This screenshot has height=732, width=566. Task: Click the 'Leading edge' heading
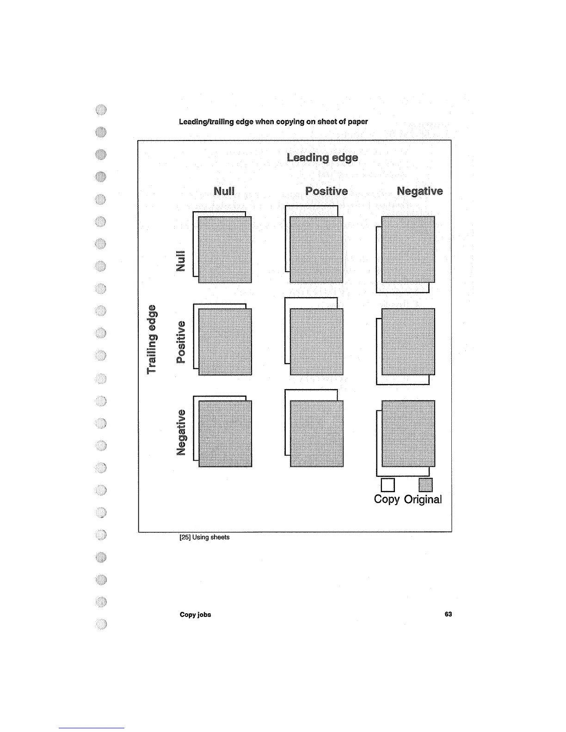(322, 158)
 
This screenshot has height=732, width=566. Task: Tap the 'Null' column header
(224, 191)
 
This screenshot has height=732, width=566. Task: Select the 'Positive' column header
(326, 191)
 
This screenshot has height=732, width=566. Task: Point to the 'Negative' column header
(419, 191)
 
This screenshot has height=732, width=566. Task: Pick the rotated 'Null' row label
(181, 261)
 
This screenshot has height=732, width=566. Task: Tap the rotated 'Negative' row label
(181, 432)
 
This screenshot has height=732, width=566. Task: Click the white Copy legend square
(388, 485)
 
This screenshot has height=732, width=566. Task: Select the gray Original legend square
(425, 485)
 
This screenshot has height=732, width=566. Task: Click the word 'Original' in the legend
(423, 500)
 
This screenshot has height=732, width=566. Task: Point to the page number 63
(448, 614)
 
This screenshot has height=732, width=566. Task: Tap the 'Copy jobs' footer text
(195, 615)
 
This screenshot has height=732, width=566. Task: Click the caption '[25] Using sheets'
(204, 537)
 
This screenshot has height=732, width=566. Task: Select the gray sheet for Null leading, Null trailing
(225, 249)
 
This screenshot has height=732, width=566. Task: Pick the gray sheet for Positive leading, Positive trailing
(316, 342)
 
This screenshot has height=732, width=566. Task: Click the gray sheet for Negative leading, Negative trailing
(408, 433)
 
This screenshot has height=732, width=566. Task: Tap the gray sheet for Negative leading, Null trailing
(408, 249)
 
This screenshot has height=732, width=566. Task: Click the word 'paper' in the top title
(358, 122)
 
